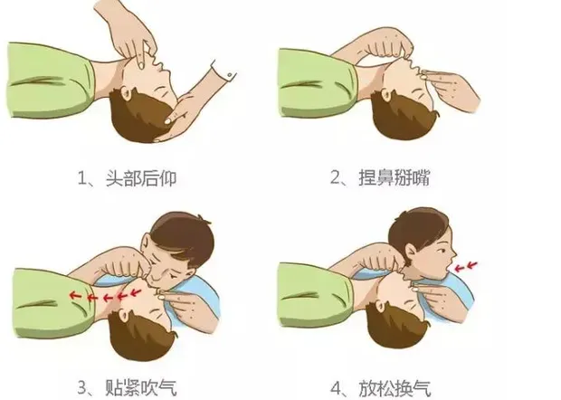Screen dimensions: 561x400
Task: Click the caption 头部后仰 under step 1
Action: point(141,177)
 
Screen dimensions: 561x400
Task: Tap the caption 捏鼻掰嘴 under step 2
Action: point(394,177)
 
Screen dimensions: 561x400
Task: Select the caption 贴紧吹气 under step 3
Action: point(141,386)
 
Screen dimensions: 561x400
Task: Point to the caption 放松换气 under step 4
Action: point(395,388)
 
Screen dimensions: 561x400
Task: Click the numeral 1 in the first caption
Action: point(82,177)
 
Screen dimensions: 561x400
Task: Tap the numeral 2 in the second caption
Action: point(335,177)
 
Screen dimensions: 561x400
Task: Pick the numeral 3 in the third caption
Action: point(82,387)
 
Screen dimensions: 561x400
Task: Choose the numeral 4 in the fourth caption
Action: point(336,388)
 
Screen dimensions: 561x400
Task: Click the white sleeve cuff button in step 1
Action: point(229,75)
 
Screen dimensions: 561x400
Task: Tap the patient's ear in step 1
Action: point(126,94)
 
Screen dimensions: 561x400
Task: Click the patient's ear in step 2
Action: point(385,96)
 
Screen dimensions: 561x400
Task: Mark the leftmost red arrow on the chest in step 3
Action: point(75,295)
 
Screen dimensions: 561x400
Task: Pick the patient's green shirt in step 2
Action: point(315,83)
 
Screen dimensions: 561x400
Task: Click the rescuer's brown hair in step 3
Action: point(183,234)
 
